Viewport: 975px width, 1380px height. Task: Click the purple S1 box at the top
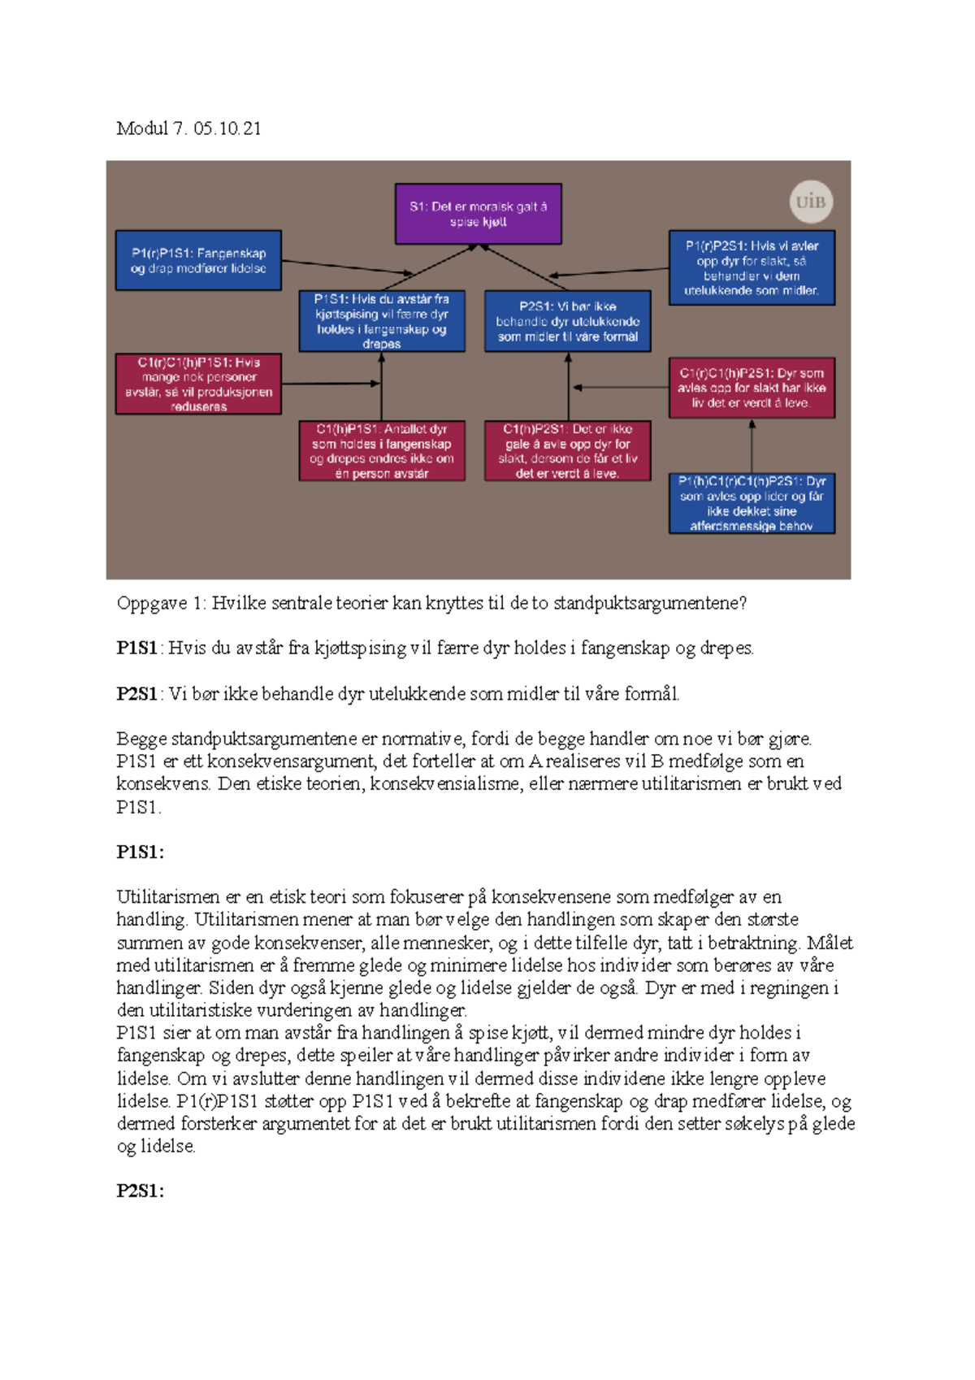coord(478,214)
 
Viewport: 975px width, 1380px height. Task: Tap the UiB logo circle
coord(811,202)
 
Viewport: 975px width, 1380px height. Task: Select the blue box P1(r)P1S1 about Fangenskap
coord(198,261)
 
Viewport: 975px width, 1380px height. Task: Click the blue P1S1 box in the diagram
coord(382,321)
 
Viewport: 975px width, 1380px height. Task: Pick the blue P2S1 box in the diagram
coord(568,321)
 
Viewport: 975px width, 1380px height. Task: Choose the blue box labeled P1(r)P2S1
coord(752,267)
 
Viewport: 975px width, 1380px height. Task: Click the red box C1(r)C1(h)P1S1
coord(198,384)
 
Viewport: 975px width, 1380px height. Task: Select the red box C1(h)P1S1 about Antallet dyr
coord(382,451)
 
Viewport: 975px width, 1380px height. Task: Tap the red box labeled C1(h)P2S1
coord(568,451)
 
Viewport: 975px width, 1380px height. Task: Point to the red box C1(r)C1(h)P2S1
coord(752,388)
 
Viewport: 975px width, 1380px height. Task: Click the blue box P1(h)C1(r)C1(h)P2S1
coord(752,504)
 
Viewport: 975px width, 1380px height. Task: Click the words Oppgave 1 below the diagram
coord(162,603)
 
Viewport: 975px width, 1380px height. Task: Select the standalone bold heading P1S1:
coord(140,852)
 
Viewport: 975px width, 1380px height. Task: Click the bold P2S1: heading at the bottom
coord(140,1191)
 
